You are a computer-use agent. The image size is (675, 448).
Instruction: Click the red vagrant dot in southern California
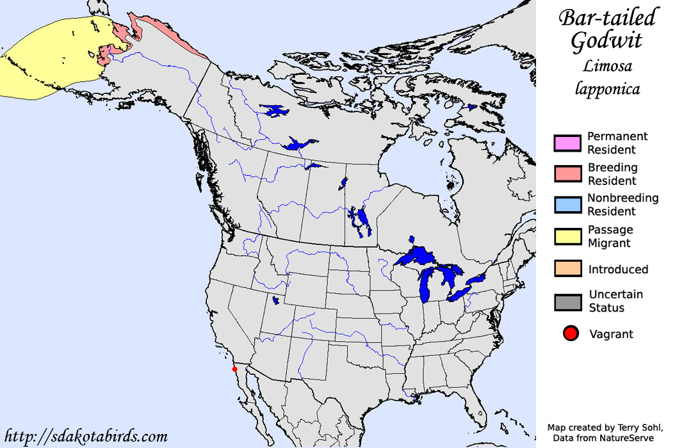(234, 369)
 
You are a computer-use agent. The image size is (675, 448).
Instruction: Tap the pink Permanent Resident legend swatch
(567, 143)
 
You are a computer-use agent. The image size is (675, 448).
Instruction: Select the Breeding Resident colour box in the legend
(567, 174)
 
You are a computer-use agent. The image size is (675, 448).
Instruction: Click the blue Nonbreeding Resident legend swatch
(567, 205)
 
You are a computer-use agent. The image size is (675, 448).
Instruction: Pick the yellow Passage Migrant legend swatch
(567, 236)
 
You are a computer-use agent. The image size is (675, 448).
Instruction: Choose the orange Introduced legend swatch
(567, 269)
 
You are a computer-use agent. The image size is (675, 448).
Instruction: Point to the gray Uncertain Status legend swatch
(567, 301)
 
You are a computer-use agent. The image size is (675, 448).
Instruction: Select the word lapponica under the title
(606, 90)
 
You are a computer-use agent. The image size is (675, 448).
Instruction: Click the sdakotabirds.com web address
(86, 437)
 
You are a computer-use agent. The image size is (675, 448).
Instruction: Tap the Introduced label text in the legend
(618, 269)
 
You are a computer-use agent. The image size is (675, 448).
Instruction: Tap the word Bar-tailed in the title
(606, 18)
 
